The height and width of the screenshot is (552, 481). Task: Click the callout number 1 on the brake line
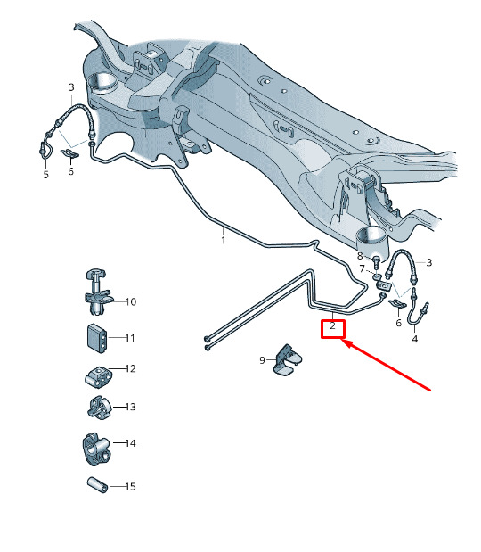click(224, 241)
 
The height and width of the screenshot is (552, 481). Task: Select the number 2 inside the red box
click(332, 326)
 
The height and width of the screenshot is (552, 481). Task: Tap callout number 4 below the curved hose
click(415, 339)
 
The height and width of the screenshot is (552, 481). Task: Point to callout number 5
click(46, 174)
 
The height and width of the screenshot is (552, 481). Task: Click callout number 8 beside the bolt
click(360, 256)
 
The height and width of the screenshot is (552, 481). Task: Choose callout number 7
click(363, 269)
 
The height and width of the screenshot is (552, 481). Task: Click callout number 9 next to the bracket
click(262, 360)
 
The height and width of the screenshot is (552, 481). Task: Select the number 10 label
click(131, 301)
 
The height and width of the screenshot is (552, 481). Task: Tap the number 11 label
click(130, 338)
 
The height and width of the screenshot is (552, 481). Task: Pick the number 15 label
click(130, 487)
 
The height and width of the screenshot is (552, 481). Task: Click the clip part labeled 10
click(97, 292)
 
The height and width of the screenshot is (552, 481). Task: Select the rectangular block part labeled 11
click(96, 338)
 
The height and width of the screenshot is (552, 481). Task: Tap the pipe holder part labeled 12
click(99, 377)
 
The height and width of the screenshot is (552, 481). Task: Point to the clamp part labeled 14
click(96, 449)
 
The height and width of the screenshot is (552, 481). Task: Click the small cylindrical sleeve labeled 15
click(97, 485)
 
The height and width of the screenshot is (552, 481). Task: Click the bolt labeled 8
click(376, 262)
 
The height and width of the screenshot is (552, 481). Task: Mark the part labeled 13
click(99, 408)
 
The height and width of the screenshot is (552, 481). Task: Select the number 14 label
click(130, 443)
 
